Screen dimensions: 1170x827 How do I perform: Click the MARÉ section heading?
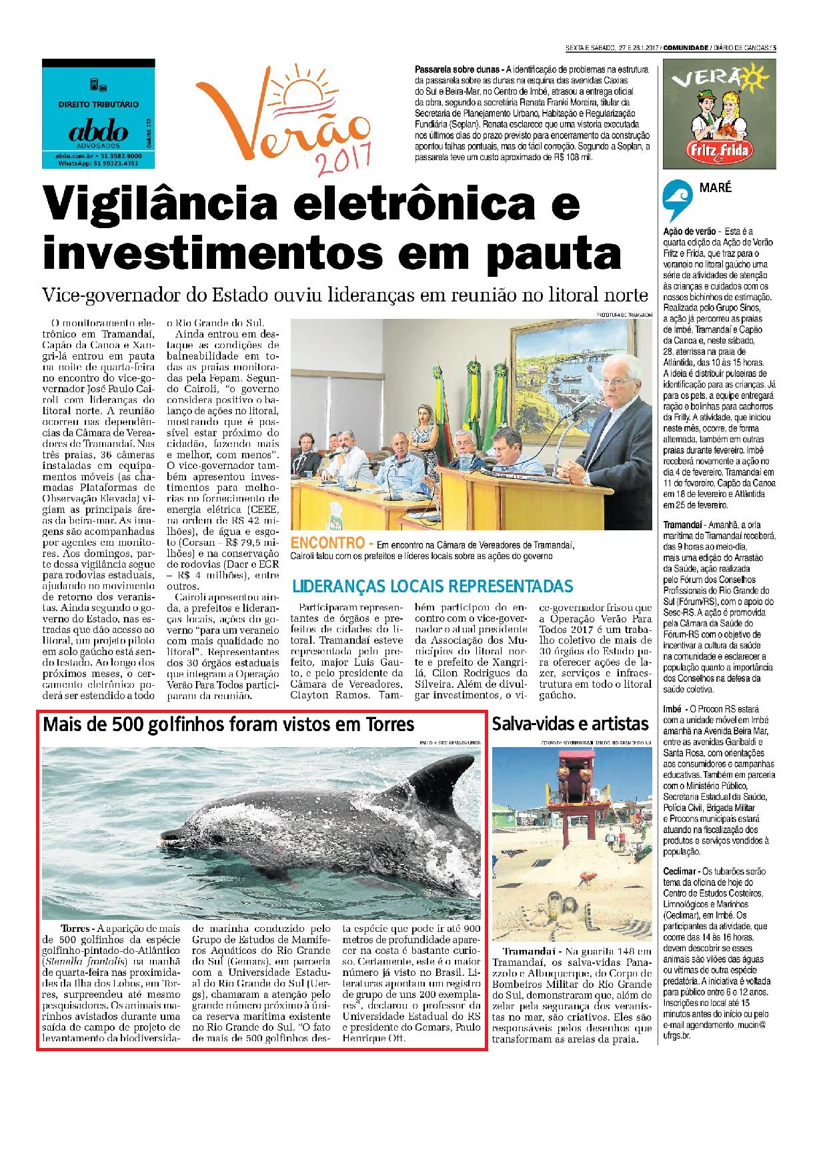(715, 188)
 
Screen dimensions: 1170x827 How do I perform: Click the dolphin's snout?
(171, 835)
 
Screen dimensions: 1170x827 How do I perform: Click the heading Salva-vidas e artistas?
(570, 724)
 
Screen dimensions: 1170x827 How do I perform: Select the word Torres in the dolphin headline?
(387, 724)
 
